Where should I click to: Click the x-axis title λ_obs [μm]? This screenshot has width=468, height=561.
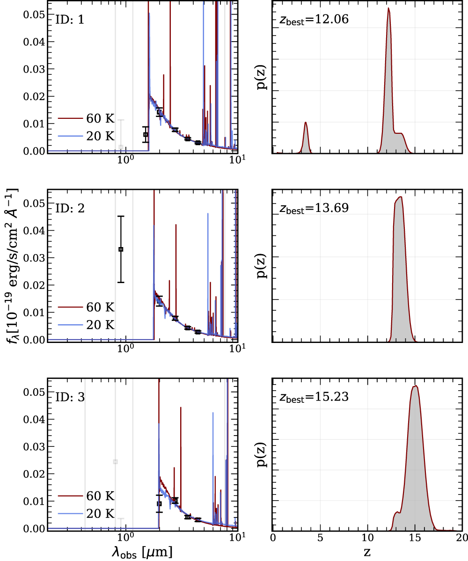[142, 552]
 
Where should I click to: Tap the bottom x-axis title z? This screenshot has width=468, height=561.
[367, 552]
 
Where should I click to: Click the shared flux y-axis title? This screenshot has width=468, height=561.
[13, 266]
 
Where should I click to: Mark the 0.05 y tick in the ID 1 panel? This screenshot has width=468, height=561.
[34, 15]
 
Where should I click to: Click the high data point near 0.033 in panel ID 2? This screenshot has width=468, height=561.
[121, 249]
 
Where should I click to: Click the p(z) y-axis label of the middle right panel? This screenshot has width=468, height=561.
[263, 266]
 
